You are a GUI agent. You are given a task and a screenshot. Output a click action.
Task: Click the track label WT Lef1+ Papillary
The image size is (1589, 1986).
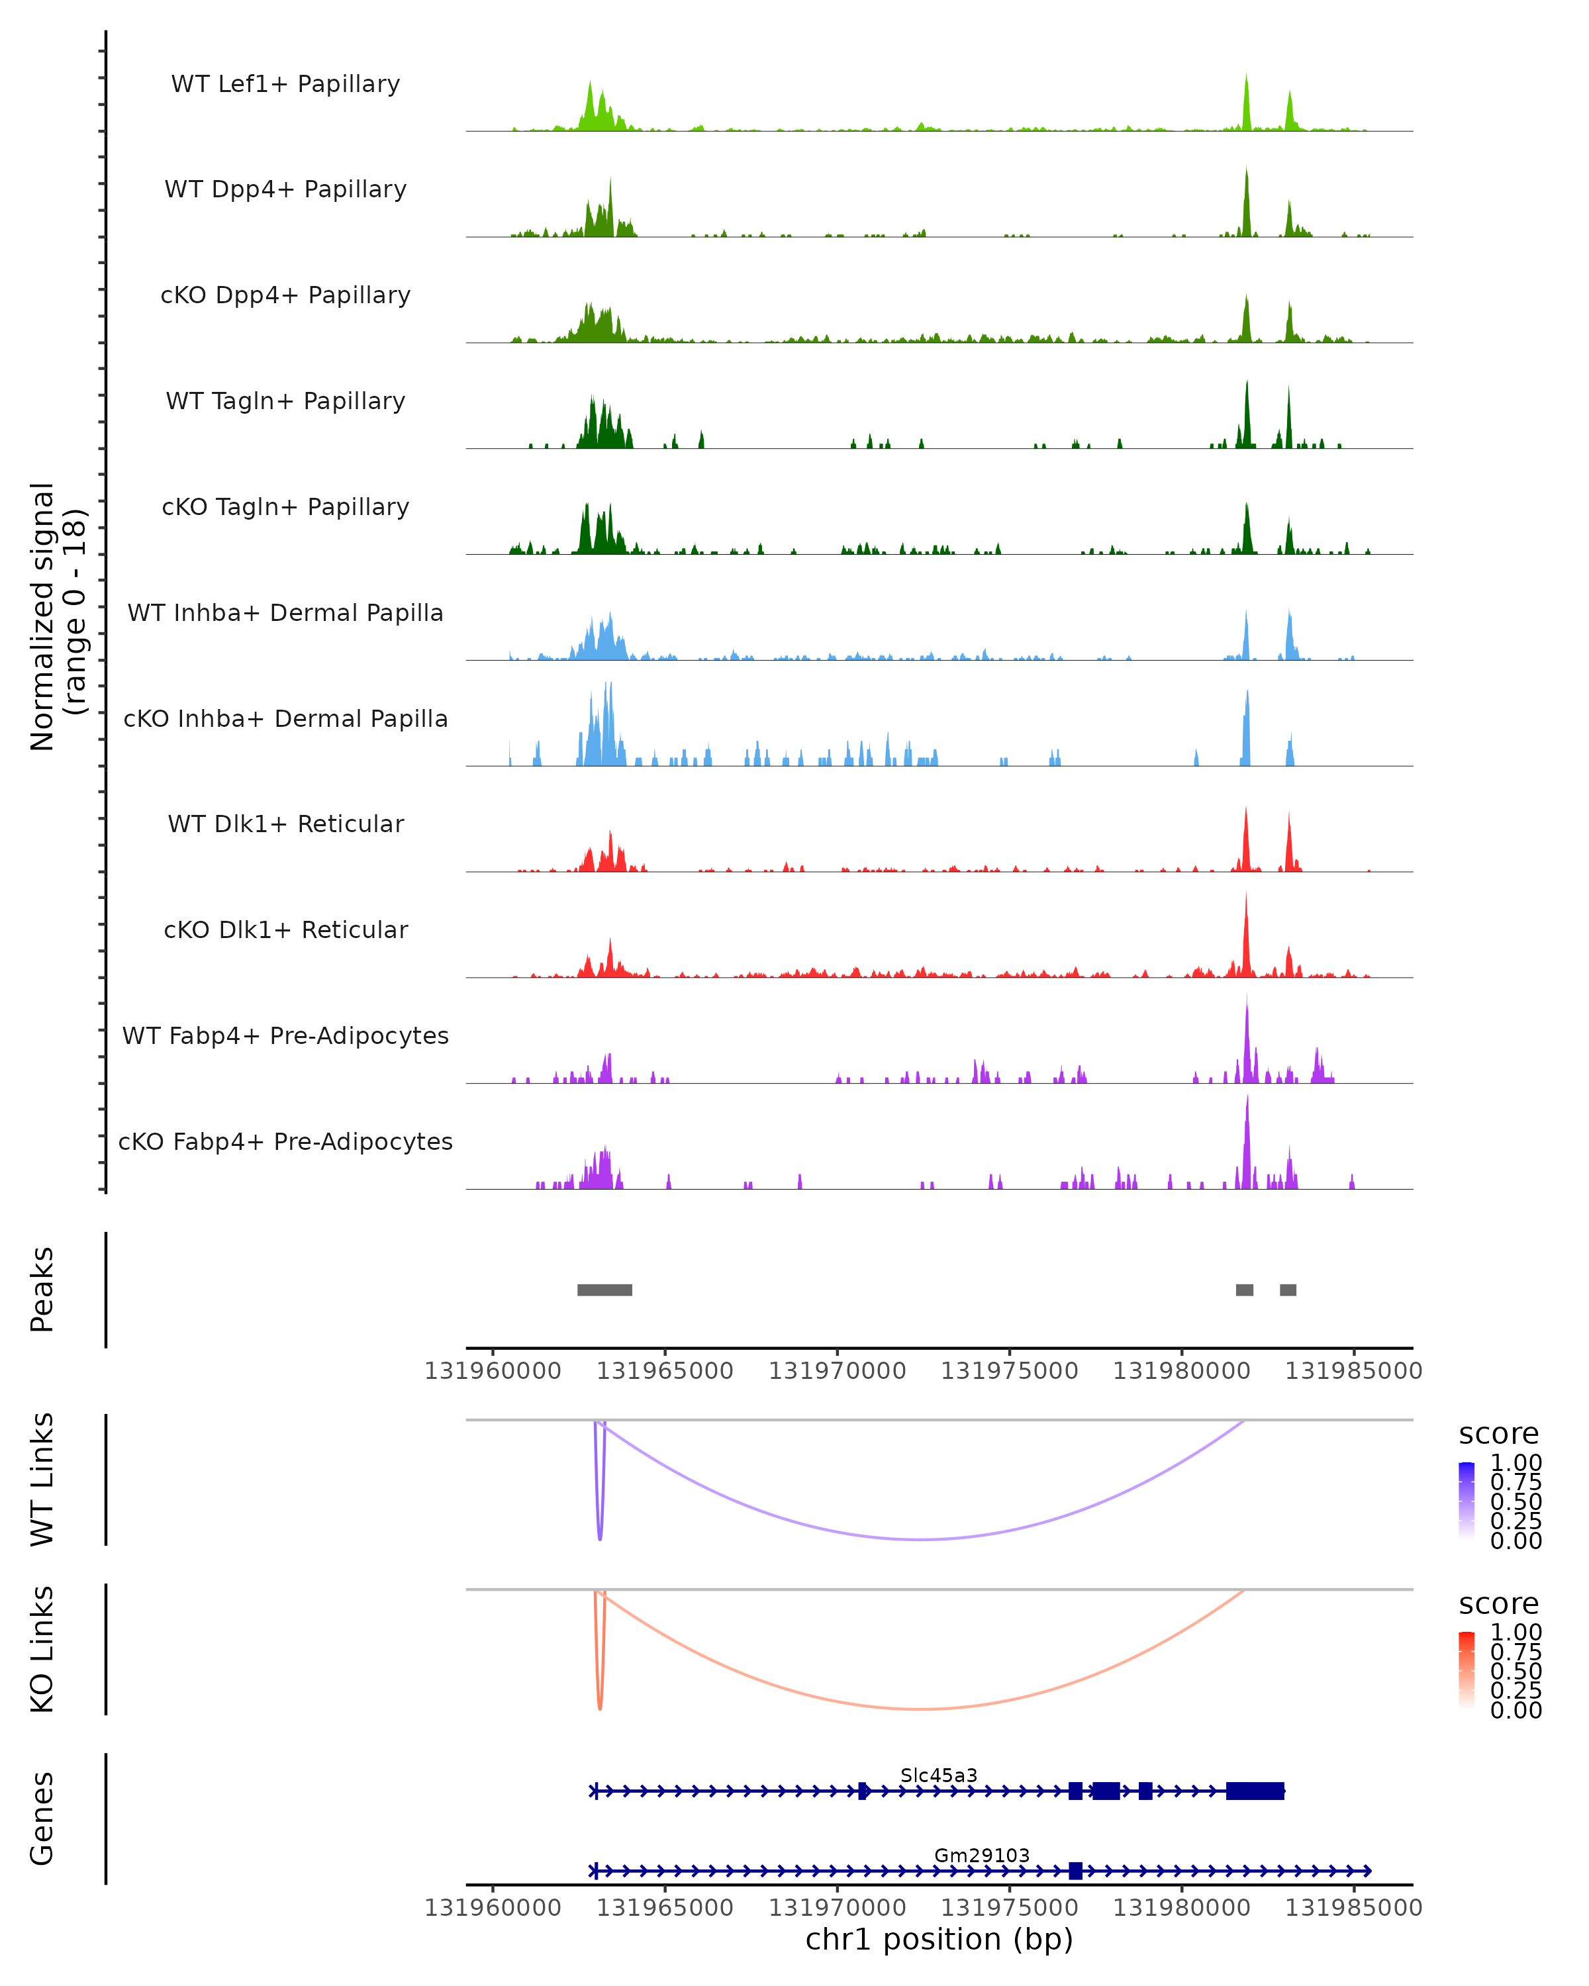tap(285, 84)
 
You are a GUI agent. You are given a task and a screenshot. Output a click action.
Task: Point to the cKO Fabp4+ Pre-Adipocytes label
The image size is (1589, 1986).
tap(285, 1141)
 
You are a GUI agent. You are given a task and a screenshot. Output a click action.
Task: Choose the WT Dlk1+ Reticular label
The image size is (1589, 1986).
tap(285, 824)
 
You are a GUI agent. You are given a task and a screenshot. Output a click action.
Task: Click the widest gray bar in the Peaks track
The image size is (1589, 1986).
tap(604, 1290)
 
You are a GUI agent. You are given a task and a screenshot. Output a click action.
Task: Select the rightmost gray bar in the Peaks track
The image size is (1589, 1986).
tap(1288, 1290)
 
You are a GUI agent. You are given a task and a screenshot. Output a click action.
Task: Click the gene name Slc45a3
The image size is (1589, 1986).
tap(939, 1775)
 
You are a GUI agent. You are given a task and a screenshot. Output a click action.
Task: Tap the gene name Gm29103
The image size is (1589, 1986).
tap(982, 1855)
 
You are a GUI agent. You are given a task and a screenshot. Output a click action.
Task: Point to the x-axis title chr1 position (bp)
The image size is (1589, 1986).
tap(939, 1939)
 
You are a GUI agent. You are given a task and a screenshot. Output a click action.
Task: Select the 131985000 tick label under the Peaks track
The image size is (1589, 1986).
tap(1353, 1371)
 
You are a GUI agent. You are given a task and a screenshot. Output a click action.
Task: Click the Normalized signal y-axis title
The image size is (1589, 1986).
tap(57, 616)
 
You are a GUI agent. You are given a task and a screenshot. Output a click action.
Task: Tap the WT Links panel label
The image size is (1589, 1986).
tap(42, 1480)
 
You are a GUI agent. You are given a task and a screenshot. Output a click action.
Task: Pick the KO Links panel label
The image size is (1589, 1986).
tap(42, 1650)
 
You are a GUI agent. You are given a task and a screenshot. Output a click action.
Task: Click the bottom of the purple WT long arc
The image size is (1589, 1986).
tap(921, 1539)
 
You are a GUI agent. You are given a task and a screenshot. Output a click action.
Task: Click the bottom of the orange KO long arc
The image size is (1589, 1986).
tap(921, 1709)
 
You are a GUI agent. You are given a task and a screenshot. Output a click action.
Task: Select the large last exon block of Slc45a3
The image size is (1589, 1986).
tap(1255, 1791)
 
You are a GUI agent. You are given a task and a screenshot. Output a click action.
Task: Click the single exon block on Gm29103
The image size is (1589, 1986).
tap(1075, 1871)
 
